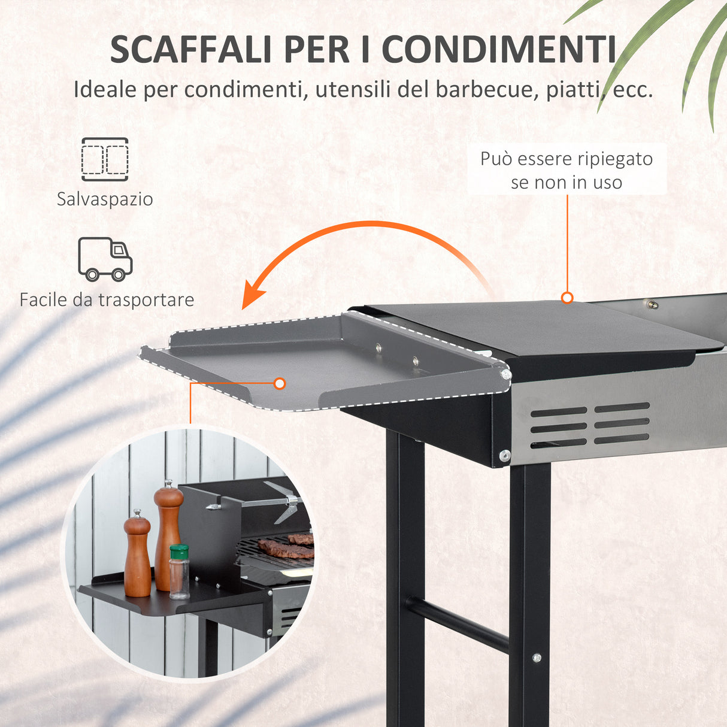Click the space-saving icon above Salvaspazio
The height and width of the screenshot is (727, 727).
pos(105,159)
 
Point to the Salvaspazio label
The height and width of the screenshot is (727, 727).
pos(105,199)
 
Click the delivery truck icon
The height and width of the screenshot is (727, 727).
pos(105,259)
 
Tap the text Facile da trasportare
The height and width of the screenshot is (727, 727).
pos(107,299)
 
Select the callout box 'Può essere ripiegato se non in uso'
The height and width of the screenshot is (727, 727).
pos(567,170)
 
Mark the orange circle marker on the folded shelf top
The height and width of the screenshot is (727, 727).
pos(567,298)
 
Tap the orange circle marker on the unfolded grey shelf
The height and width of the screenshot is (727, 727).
pos(279,383)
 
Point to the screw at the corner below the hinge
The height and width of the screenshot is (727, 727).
pos(505,455)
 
